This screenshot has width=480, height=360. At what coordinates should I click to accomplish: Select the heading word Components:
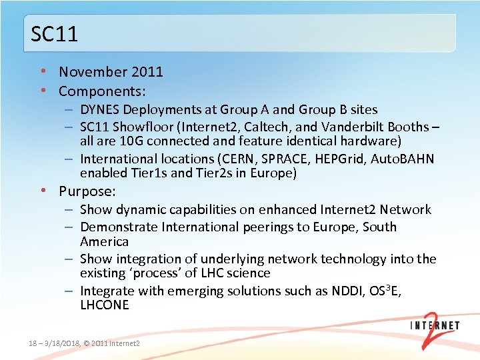(102, 91)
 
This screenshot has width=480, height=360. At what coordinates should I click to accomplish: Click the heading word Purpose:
(87, 191)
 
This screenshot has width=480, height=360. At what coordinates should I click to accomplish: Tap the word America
(104, 241)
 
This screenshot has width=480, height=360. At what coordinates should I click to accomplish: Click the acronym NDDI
(347, 291)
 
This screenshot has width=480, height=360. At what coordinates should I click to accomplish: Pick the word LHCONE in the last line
(105, 305)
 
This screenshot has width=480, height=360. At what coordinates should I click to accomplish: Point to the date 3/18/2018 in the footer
(61, 343)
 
